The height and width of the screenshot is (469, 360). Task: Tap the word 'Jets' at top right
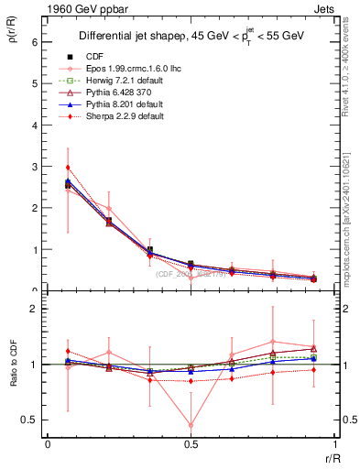point(324,8)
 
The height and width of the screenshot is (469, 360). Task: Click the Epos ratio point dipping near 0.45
point(191,425)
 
